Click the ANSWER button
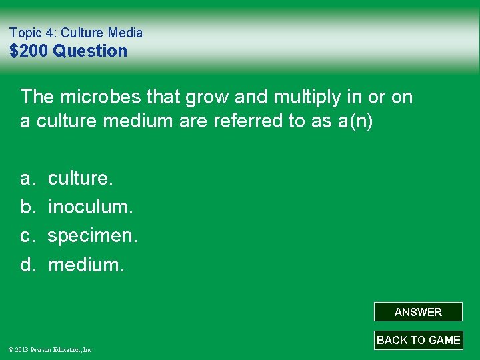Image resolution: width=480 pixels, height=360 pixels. (418, 312)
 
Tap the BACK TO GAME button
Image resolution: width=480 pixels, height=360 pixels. (418, 340)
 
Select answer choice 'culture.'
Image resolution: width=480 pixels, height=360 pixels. (81, 179)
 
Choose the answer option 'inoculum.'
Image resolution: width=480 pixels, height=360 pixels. (91, 207)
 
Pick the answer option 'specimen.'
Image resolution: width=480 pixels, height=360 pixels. (93, 236)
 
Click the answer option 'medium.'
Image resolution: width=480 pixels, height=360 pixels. (86, 265)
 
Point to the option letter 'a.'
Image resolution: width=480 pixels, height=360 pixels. (28, 179)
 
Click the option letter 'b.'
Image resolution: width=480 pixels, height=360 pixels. (28, 207)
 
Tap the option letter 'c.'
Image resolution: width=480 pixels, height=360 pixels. (28, 236)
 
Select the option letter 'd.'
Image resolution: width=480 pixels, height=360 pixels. (28, 265)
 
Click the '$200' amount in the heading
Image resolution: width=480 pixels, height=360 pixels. (29, 51)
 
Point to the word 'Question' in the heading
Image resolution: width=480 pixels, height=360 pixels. (90, 51)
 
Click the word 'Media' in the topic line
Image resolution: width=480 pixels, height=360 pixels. (126, 33)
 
